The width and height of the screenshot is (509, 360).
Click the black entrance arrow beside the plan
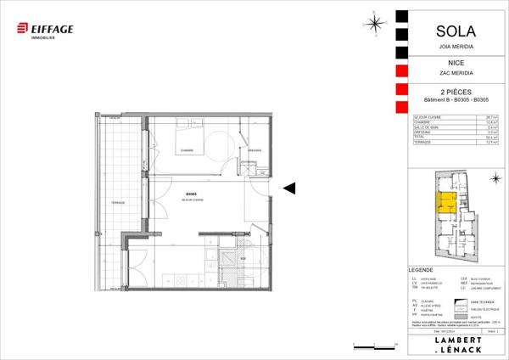(289, 188)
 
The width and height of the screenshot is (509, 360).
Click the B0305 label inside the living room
(191, 194)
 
